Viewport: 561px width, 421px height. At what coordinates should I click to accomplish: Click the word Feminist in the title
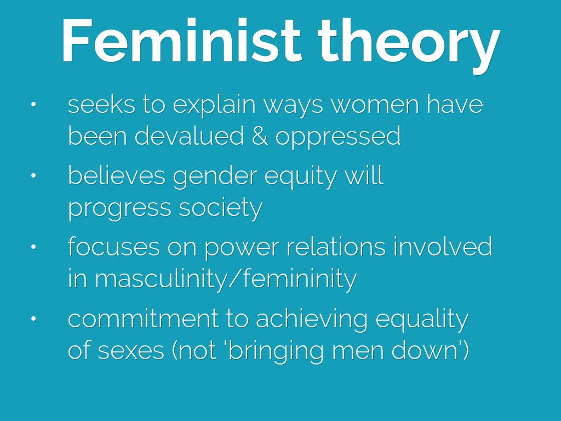[181, 41]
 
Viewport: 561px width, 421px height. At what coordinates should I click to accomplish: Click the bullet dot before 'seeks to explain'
[33, 105]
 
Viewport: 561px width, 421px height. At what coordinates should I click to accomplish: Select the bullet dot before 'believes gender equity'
[33, 176]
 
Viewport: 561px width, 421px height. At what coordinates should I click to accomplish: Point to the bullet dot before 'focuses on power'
[33, 247]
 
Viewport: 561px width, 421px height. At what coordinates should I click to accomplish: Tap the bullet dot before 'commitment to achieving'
[33, 318]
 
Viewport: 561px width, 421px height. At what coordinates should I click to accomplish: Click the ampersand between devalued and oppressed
[260, 136]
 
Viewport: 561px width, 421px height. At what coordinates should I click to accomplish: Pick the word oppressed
[337, 137]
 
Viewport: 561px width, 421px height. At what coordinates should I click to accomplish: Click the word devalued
[189, 135]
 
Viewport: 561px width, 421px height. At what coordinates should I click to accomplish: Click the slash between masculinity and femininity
[235, 278]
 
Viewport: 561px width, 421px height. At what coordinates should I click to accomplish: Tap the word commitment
[143, 318]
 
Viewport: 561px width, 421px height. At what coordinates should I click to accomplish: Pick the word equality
[422, 320]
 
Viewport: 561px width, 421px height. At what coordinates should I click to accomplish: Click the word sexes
[130, 350]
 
